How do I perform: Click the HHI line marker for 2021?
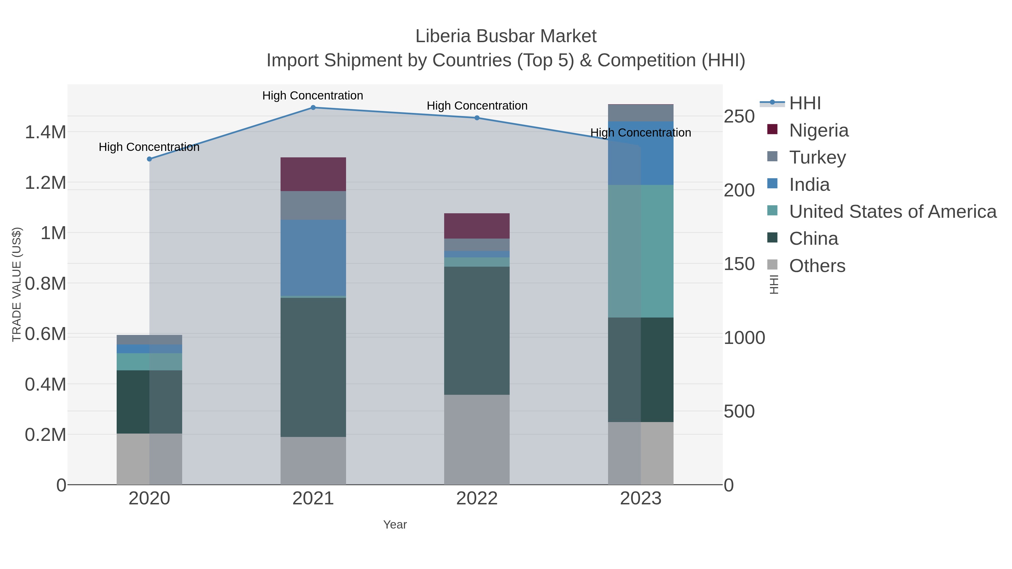tap(313, 108)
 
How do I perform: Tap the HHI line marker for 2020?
tap(149, 159)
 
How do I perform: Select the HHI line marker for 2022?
tap(477, 118)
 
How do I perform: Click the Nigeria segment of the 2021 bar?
tap(313, 174)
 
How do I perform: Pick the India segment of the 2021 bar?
tap(313, 258)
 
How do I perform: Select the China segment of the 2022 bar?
tap(477, 331)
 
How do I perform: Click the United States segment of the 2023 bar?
tap(641, 251)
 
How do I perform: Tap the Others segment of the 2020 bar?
tap(149, 459)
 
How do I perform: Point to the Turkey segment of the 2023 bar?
tap(641, 113)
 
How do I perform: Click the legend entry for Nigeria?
tap(819, 130)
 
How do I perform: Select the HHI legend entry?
tap(805, 103)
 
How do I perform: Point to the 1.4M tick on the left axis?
tap(45, 132)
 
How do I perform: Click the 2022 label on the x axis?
tap(477, 499)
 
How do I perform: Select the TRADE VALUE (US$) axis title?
tap(17, 284)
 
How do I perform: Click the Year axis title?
tap(395, 525)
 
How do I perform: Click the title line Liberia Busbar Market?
tap(506, 36)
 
